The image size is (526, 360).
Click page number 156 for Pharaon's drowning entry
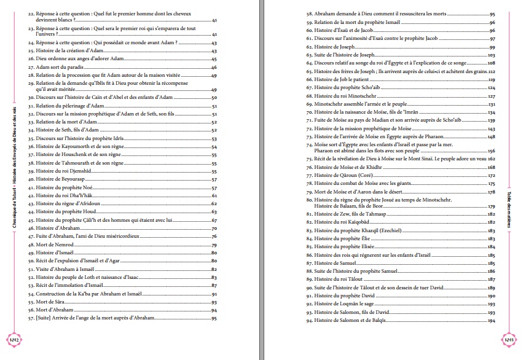point(491,151)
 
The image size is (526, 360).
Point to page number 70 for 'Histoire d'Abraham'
point(214,228)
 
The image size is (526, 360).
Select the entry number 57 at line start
point(31,318)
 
